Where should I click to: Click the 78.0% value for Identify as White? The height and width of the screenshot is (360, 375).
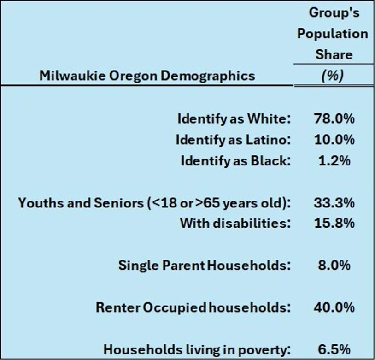[334, 118]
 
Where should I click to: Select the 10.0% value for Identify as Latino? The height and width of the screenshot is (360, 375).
[334, 139]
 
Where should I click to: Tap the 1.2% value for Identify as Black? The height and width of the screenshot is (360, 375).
[334, 160]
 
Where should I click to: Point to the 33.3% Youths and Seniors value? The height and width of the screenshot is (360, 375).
[334, 202]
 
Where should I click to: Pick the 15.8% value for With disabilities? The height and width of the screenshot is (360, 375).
[334, 223]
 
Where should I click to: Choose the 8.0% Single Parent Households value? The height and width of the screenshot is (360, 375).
[334, 265]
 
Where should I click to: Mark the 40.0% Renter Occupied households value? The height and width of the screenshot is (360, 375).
[334, 307]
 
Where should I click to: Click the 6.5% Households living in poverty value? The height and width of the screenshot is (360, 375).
[334, 349]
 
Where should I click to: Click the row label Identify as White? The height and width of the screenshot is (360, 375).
[234, 118]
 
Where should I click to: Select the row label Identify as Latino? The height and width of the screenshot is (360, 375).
[233, 139]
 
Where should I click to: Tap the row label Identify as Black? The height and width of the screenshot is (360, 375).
[235, 160]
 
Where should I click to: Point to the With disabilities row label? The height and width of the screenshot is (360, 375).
[235, 223]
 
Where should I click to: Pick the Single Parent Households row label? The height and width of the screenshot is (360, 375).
[205, 265]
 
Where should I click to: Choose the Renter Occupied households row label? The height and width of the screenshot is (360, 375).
[193, 307]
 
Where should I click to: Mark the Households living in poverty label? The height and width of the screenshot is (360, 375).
[197, 349]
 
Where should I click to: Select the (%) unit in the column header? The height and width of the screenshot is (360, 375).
[333, 75]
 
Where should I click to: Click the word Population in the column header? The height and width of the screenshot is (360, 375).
[332, 34]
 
